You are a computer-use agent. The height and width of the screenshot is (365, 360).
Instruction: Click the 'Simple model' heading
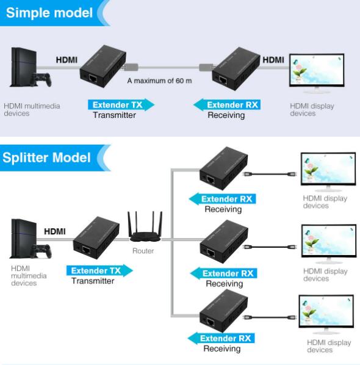pos(49,13)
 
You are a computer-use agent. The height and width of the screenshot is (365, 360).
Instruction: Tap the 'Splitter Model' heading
pos(46,157)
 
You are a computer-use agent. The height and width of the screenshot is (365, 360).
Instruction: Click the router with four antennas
pos(145,226)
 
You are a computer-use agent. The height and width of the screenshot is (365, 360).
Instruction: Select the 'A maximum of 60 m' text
pos(159,81)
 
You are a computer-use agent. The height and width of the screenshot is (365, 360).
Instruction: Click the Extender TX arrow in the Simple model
pos(121,105)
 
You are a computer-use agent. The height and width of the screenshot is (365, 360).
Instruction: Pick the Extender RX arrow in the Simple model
pos(227,105)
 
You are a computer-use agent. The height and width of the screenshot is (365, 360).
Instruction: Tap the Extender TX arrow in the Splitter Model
pos(99,270)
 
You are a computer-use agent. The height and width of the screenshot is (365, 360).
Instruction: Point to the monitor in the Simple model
pos(317,73)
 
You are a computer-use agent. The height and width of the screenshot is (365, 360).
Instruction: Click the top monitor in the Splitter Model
pos(328,172)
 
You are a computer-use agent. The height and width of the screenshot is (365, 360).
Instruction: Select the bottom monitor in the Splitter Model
pos(326,314)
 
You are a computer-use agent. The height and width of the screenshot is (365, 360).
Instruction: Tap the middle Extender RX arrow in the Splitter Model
pos(224,273)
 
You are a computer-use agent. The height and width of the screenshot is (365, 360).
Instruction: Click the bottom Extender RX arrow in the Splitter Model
pos(221,338)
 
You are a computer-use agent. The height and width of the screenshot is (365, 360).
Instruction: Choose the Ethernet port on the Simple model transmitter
pos(93,79)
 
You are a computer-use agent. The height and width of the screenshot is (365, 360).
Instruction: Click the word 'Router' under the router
pos(143,251)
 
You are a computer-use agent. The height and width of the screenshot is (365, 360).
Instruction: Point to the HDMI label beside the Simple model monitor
pos(273,60)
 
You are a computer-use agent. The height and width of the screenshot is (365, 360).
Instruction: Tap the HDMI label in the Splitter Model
pos(55,231)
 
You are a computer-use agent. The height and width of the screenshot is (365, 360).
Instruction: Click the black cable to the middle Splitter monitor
pos(270,247)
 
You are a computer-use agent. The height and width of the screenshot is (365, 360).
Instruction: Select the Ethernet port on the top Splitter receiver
pos(211,180)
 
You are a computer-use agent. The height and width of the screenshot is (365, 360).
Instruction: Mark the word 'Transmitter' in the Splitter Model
pos(93,281)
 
